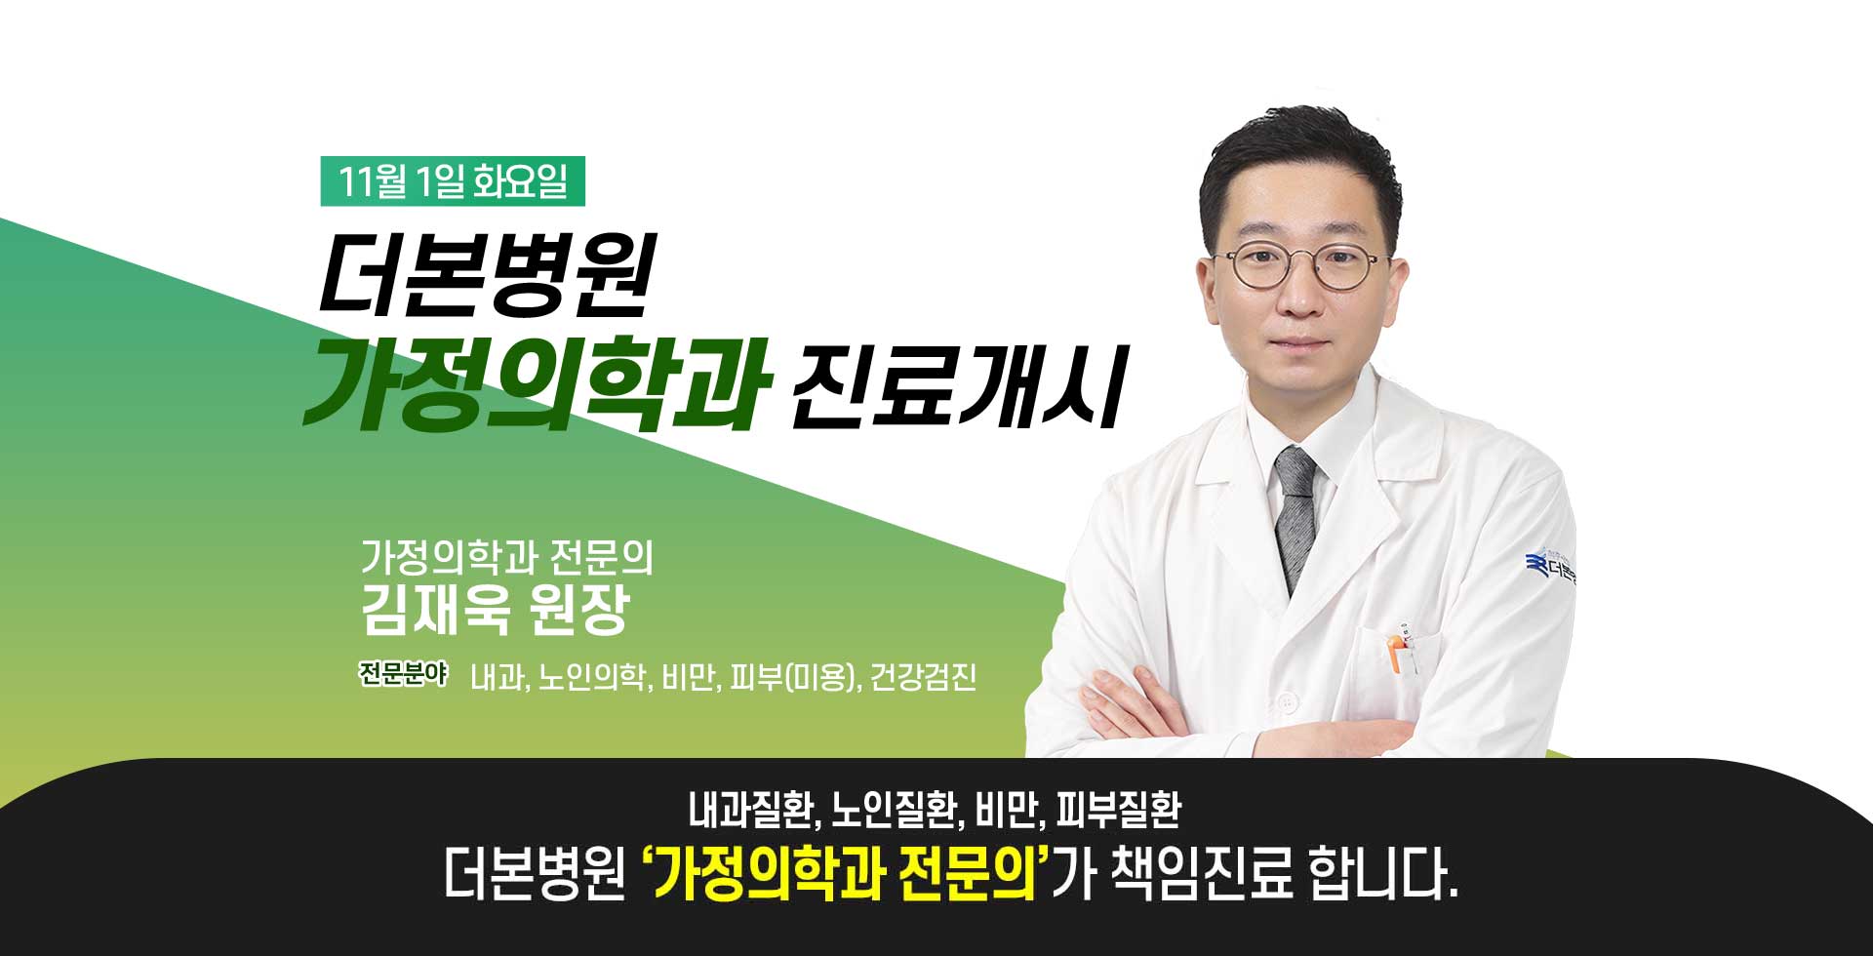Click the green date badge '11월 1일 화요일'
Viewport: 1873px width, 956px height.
coord(453,182)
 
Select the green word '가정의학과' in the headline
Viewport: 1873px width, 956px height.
coord(537,384)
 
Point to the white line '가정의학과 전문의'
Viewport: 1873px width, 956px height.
coord(507,557)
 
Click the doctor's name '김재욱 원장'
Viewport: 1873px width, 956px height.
coord(496,611)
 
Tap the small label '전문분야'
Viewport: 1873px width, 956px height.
coord(403,674)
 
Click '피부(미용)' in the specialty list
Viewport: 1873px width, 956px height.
coord(799,677)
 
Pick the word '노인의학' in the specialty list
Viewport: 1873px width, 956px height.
coord(592,677)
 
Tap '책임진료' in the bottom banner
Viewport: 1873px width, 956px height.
coord(1202,876)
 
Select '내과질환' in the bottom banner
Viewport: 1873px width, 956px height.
coord(750,809)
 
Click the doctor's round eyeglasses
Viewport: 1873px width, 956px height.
coord(1298,266)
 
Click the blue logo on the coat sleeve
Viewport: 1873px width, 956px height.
coord(1550,567)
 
